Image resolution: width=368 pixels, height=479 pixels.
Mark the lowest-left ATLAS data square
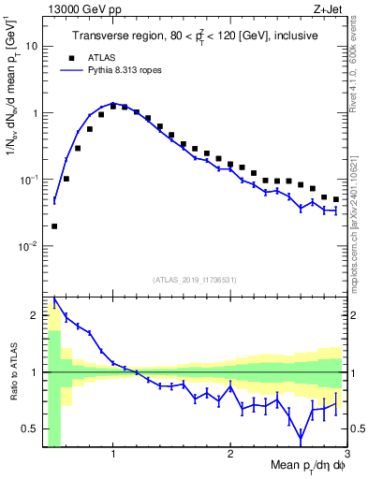point(54,225)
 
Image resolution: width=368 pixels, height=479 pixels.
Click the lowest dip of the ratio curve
point(301,439)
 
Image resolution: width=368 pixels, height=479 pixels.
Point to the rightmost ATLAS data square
point(335,199)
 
